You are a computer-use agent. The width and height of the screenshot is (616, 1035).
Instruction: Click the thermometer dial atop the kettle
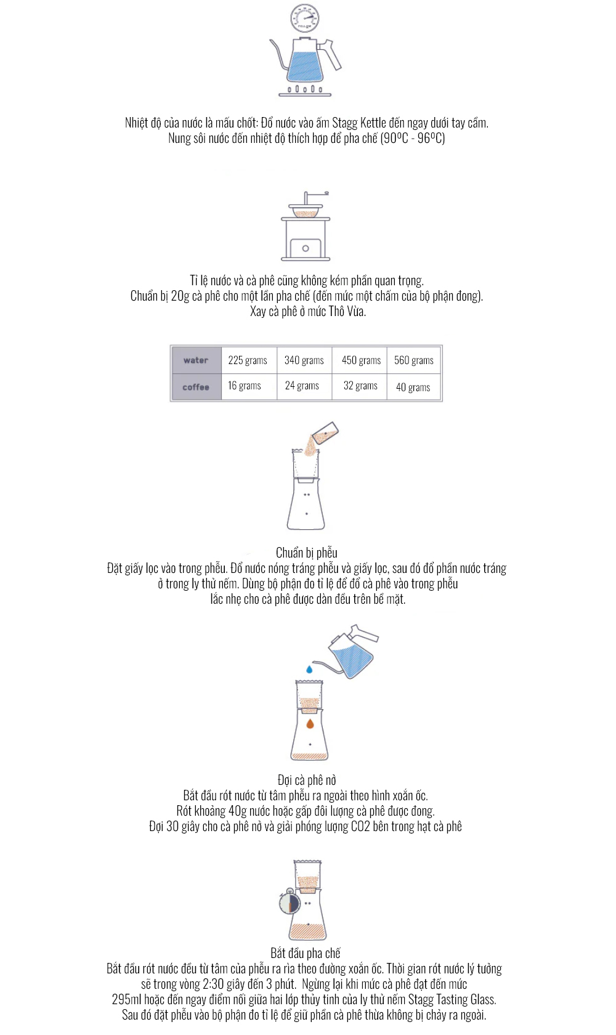click(x=304, y=18)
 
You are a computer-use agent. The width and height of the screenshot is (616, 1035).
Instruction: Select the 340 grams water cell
click(x=304, y=360)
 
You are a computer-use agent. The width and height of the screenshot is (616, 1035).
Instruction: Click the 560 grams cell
click(x=413, y=360)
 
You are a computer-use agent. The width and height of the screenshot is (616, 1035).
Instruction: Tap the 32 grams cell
click(x=360, y=386)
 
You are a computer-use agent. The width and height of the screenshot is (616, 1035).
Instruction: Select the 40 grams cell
click(x=413, y=387)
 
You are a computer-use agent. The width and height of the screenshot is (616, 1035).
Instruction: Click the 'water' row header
click(x=196, y=360)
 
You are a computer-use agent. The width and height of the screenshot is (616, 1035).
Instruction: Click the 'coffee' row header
click(x=196, y=387)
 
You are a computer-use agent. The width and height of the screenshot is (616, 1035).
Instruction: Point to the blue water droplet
click(x=309, y=670)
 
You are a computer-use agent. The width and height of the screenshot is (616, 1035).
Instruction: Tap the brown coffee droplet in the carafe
click(x=310, y=723)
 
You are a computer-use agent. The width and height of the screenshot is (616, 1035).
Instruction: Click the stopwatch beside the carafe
click(x=290, y=901)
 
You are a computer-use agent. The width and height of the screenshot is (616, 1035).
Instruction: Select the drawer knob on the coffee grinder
click(x=306, y=249)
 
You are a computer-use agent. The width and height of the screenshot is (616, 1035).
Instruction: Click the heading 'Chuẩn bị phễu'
click(x=306, y=553)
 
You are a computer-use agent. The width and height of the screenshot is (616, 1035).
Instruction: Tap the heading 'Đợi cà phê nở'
click(x=306, y=781)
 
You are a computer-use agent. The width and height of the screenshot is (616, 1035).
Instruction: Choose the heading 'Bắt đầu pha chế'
click(x=306, y=953)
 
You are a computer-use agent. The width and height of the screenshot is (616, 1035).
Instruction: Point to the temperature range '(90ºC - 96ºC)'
click(x=413, y=138)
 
